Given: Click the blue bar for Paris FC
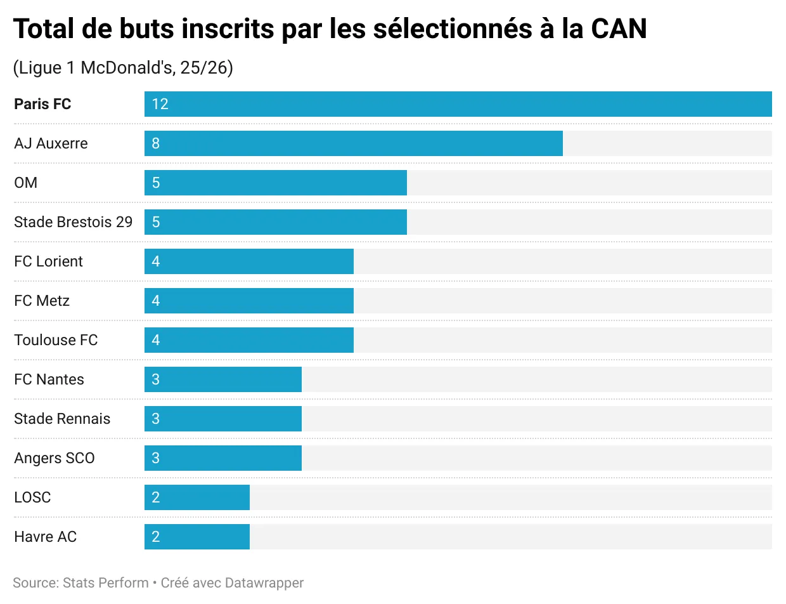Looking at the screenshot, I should [x=458, y=104].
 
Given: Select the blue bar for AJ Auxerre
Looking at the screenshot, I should [x=353, y=143].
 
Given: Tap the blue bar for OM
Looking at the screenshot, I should [x=275, y=183].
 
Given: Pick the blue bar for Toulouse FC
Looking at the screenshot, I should [x=248, y=340].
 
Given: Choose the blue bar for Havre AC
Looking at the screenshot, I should [x=196, y=537].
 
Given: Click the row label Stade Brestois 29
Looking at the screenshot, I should [x=74, y=222].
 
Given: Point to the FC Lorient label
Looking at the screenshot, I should [x=49, y=261].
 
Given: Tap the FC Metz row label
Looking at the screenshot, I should [x=42, y=301].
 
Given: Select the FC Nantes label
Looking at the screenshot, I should [x=49, y=379].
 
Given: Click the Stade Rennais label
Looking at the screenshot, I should [x=62, y=419].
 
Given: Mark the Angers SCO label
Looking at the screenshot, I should [x=55, y=458].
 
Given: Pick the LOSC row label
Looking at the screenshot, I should [x=32, y=497].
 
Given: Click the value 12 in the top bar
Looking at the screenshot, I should [x=160, y=104].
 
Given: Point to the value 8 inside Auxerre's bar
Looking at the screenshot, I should [x=156, y=143].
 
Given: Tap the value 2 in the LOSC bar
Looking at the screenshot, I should [x=156, y=497].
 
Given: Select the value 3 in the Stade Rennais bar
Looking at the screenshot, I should [x=156, y=419].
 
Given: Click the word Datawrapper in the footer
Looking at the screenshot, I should [x=264, y=582].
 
